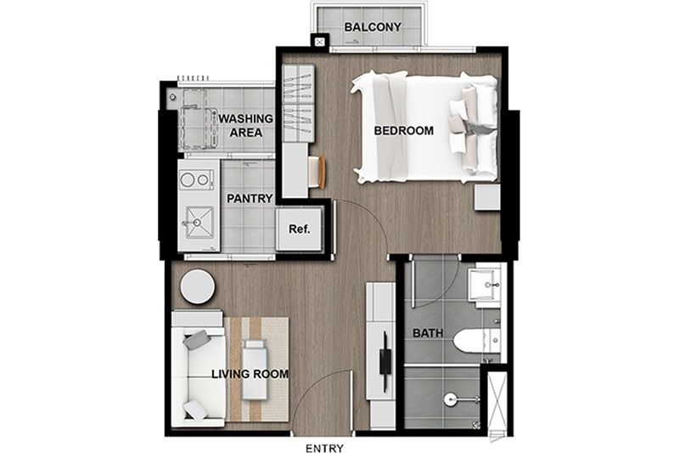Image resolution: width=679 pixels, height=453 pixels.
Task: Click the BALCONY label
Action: tap(373, 27)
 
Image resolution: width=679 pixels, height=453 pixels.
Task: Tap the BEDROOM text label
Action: tap(404, 131)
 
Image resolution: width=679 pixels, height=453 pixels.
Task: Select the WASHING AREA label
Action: tap(245, 125)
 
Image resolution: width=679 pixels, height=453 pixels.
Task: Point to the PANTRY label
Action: tap(250, 199)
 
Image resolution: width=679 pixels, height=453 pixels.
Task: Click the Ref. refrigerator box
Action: tap(300, 229)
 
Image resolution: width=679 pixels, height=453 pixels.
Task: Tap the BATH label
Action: tap(428, 333)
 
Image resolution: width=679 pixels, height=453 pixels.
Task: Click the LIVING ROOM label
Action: tap(250, 374)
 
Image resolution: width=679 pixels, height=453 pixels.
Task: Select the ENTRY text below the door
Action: tap(324, 448)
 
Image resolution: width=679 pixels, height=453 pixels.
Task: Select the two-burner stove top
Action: tap(196, 179)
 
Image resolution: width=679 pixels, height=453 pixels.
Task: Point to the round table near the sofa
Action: tap(198, 287)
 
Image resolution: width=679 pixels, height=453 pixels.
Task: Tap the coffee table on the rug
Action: tap(255, 370)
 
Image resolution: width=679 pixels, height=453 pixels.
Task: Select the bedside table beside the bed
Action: tap(487, 197)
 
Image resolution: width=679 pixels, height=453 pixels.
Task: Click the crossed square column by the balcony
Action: tap(320, 42)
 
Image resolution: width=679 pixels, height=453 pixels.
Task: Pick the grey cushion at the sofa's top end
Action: tap(196, 340)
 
